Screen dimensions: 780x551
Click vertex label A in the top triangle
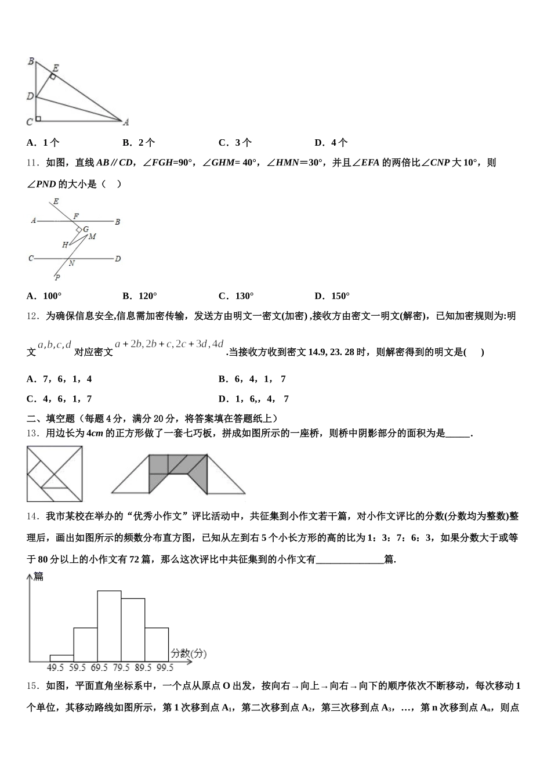(x=125, y=122)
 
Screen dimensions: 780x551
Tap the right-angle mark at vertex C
(x=38, y=119)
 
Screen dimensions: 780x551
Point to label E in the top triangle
(x=56, y=68)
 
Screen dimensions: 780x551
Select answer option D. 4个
(x=331, y=143)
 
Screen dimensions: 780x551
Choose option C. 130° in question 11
(x=236, y=296)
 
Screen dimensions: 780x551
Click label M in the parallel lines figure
(x=92, y=236)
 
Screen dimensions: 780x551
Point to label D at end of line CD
(x=118, y=258)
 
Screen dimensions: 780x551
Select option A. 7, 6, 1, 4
(x=59, y=379)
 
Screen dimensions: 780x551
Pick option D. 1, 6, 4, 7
(x=253, y=399)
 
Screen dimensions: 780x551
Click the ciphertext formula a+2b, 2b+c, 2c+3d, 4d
(x=169, y=344)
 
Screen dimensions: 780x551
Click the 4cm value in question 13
(x=95, y=433)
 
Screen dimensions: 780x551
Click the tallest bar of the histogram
(x=109, y=626)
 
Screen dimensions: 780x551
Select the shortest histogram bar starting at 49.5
(x=61, y=658)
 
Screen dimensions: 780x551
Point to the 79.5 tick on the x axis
(x=121, y=668)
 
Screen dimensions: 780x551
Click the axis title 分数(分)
(x=188, y=653)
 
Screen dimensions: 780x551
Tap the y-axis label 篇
(x=38, y=576)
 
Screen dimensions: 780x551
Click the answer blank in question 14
(x=350, y=559)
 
